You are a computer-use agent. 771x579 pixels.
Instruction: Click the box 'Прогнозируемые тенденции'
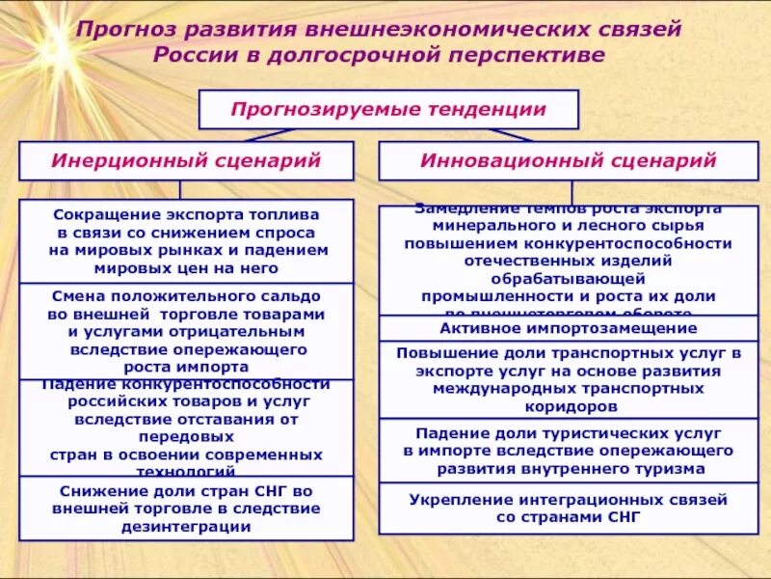pos(388,109)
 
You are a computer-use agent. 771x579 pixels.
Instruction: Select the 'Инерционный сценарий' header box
pos(186,160)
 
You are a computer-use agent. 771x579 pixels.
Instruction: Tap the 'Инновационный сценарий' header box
pos(569,160)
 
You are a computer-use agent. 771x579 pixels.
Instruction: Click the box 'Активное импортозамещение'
pos(569,328)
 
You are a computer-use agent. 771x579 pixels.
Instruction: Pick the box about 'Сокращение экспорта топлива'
pos(186,240)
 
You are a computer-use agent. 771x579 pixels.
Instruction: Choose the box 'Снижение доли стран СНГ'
pos(186,509)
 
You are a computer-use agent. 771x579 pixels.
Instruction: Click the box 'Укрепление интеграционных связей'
pos(569,509)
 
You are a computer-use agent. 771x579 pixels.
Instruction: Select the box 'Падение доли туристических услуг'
pos(569,451)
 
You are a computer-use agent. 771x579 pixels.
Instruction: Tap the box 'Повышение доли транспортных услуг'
pos(569,379)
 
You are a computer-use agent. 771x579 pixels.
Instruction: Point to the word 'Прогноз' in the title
pos(128,28)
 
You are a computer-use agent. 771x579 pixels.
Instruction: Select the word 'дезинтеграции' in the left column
pos(186,527)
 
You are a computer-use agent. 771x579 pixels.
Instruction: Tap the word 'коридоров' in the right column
pos(569,406)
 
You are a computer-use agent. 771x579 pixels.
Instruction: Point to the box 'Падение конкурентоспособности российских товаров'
pos(186,427)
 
